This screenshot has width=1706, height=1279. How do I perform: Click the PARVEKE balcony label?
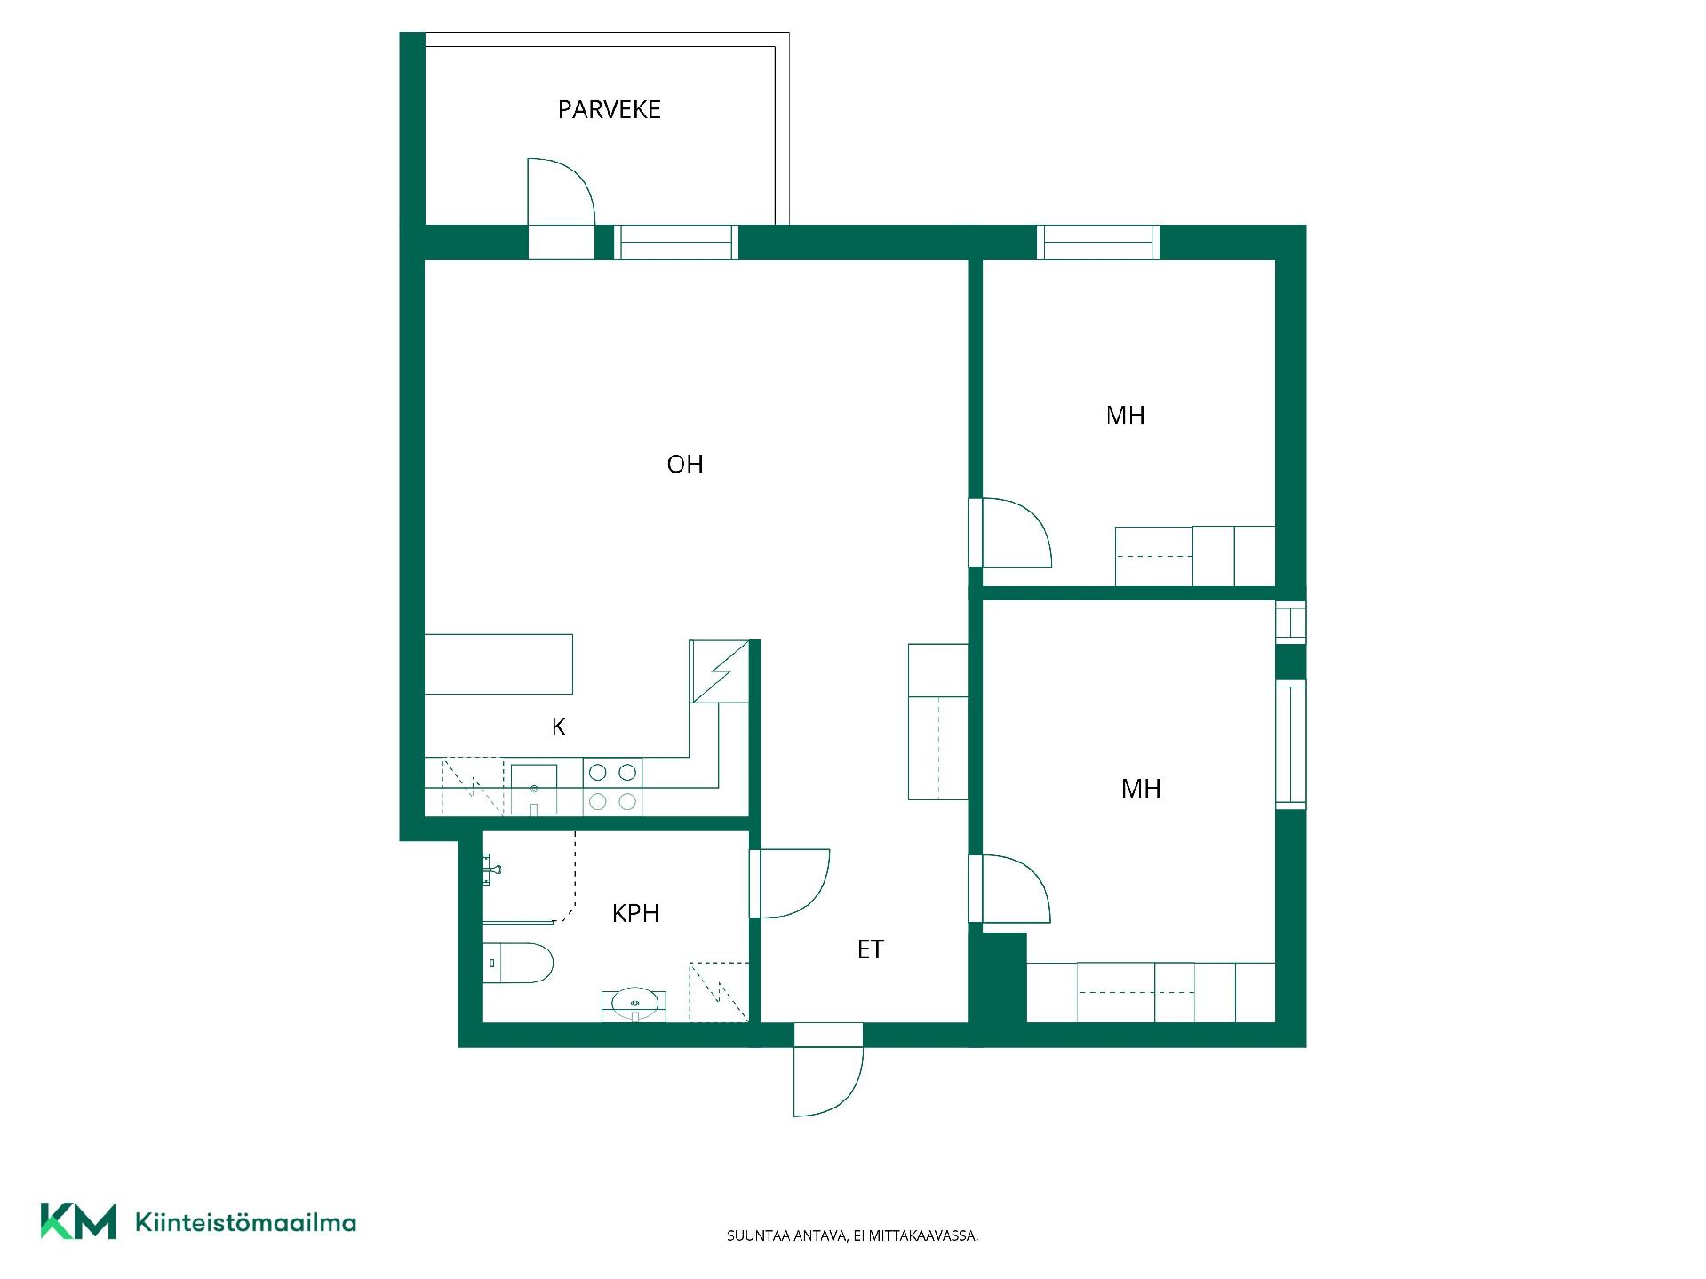click(x=609, y=109)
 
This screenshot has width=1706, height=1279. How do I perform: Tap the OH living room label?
click(x=685, y=464)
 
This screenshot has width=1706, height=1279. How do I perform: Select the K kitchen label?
click(x=559, y=727)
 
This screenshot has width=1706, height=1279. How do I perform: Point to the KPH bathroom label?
click(x=635, y=913)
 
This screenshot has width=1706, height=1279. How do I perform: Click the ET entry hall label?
click(x=871, y=949)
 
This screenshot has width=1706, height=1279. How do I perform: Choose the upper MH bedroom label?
click(x=1125, y=415)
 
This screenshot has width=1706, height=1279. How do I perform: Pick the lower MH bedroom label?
click(x=1141, y=788)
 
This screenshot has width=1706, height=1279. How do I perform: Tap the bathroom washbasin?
click(x=634, y=1004)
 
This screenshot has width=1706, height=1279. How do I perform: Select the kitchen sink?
click(x=534, y=789)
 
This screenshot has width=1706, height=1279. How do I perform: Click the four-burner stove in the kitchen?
click(x=612, y=787)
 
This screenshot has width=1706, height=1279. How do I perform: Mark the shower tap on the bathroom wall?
click(x=492, y=869)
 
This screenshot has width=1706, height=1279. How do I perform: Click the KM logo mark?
click(x=78, y=1221)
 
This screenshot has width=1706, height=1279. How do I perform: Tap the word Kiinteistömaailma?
click(x=245, y=1222)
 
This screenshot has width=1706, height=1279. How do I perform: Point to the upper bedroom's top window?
click(x=1098, y=242)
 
